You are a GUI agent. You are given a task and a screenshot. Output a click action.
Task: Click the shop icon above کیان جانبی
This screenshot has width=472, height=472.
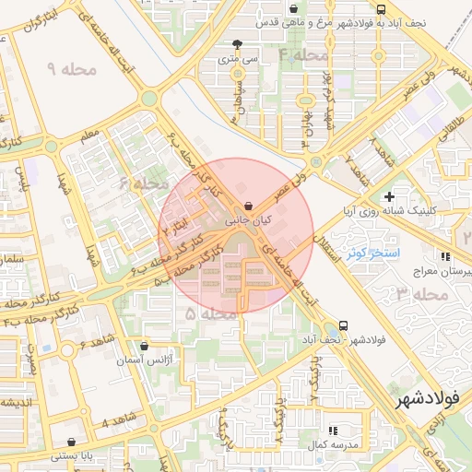click(x=246, y=206)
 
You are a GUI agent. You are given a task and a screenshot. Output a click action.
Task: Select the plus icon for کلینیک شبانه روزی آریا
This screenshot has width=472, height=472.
click(x=390, y=195)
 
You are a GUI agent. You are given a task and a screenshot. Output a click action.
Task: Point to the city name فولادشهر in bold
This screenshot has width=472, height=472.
click(x=431, y=402)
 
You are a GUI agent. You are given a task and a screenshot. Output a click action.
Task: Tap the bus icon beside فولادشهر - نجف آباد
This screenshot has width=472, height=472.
click(x=343, y=324)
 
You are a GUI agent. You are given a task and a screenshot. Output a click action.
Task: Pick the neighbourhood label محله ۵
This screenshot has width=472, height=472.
click(x=203, y=314)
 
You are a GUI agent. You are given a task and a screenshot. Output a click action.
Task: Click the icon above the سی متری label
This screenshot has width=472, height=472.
click(x=239, y=44)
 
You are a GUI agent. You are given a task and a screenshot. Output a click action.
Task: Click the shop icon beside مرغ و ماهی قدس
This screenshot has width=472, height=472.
click(x=318, y=8)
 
